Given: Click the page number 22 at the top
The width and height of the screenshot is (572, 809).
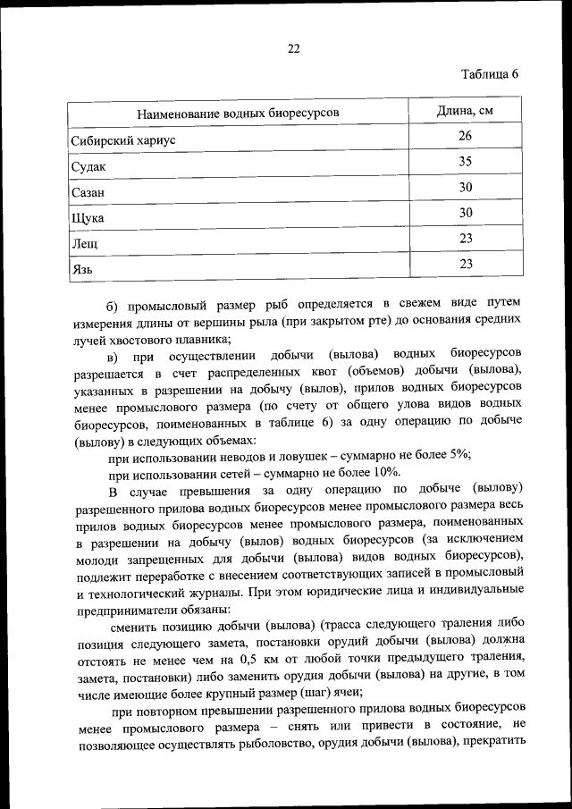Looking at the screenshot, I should (293, 49).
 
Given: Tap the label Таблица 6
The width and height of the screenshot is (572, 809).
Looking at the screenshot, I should (490, 74).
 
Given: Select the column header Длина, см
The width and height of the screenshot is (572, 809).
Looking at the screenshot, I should (465, 112).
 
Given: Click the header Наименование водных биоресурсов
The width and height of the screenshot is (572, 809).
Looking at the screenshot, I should (237, 114).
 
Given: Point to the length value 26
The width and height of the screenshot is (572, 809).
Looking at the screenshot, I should (465, 137).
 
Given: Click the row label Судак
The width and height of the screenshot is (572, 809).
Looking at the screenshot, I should (88, 166).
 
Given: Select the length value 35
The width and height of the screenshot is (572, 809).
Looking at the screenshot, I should (465, 162).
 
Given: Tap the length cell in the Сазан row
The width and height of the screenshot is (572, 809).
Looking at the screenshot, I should (465, 188).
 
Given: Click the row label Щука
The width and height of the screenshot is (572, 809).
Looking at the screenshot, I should (87, 217).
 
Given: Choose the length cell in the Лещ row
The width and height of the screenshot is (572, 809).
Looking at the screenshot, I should (465, 239).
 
